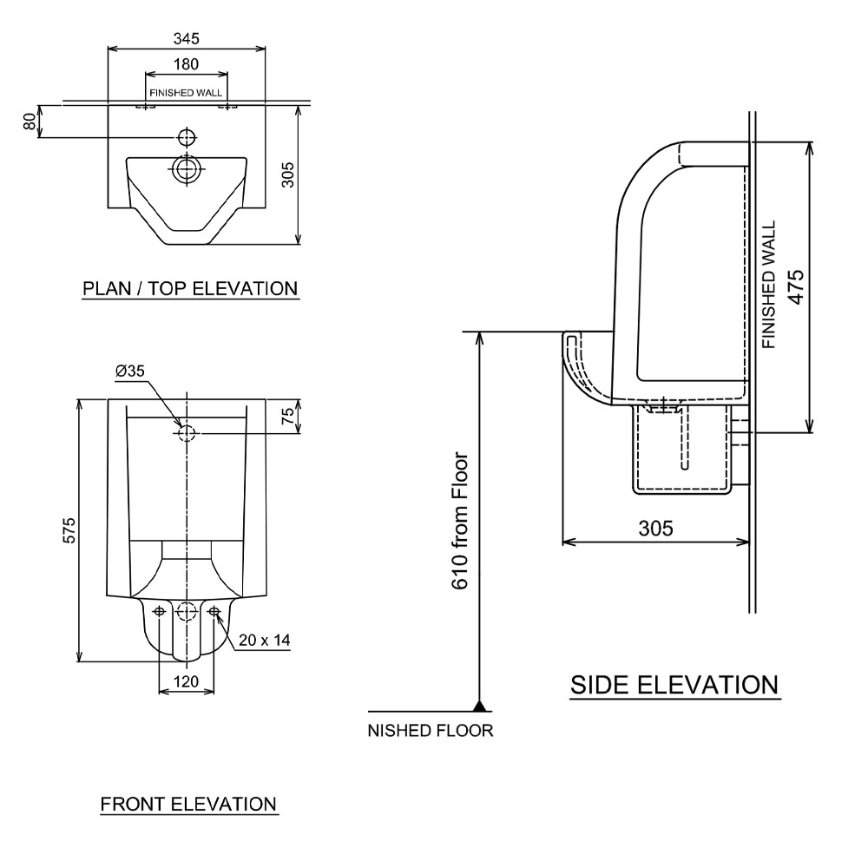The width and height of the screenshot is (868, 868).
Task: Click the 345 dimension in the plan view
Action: [x=186, y=38]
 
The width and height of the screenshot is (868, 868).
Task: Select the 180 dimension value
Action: [x=186, y=63]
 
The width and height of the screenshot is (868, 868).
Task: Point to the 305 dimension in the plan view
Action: [x=289, y=175]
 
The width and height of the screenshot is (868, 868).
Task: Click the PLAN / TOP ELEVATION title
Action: [x=190, y=288]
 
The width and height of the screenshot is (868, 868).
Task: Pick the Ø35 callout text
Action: [x=130, y=371]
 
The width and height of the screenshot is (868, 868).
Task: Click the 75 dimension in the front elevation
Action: [x=290, y=416]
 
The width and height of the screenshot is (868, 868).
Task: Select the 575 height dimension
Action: [x=70, y=531]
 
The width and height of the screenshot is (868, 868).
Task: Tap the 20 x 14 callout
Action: [x=264, y=640]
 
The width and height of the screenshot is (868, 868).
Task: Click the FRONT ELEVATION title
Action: [x=188, y=804]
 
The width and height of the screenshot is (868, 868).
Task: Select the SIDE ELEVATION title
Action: [x=674, y=685]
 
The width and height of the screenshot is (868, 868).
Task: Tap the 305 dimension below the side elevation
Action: [x=655, y=528]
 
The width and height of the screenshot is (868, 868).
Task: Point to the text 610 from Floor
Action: [x=460, y=521]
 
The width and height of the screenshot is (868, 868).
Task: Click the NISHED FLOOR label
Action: [x=431, y=730]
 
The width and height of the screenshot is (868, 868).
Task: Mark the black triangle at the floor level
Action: [x=477, y=705]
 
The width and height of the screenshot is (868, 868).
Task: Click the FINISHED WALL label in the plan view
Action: [x=186, y=92]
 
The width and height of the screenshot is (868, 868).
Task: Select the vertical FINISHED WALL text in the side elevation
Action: [x=769, y=286]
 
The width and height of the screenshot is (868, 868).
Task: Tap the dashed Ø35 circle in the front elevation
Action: [x=187, y=432]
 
